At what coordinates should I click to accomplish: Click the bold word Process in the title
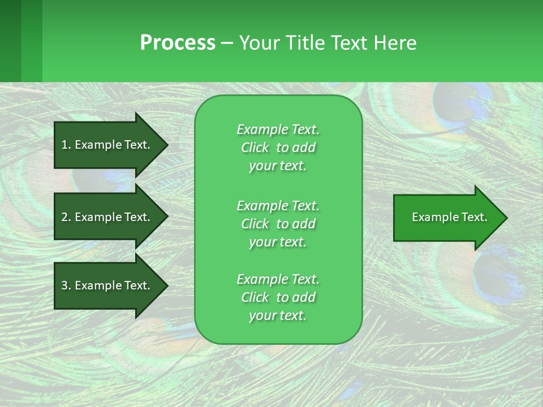pyautogui.click(x=178, y=43)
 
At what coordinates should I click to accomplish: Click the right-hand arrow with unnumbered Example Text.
pyautogui.click(x=447, y=218)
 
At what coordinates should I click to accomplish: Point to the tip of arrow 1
pyautogui.click(x=167, y=145)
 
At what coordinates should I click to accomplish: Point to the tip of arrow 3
pyautogui.click(x=167, y=285)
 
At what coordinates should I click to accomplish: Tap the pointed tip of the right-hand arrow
pyautogui.click(x=506, y=218)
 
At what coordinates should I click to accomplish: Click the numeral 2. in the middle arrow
pyautogui.click(x=66, y=217)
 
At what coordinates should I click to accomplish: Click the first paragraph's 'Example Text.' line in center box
pyautogui.click(x=278, y=129)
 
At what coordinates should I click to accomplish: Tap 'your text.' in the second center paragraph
pyautogui.click(x=278, y=242)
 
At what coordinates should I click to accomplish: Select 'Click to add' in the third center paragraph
pyautogui.click(x=278, y=297)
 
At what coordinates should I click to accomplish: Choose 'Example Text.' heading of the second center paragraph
pyautogui.click(x=278, y=205)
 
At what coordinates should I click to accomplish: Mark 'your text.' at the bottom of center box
pyautogui.click(x=278, y=316)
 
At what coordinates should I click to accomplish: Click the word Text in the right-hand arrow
pyautogui.click(x=475, y=217)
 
